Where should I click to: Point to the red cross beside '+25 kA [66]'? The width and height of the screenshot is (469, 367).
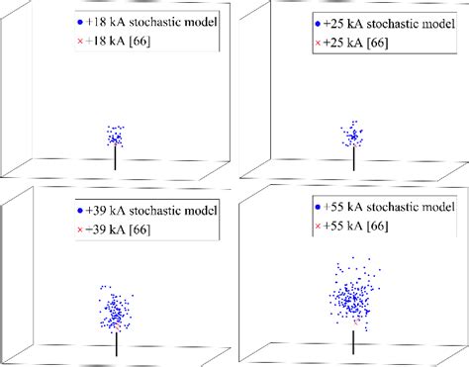coord(317,43)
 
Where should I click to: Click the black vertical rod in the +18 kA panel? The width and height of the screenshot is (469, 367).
coord(116,157)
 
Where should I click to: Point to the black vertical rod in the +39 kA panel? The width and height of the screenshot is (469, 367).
coord(117,341)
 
